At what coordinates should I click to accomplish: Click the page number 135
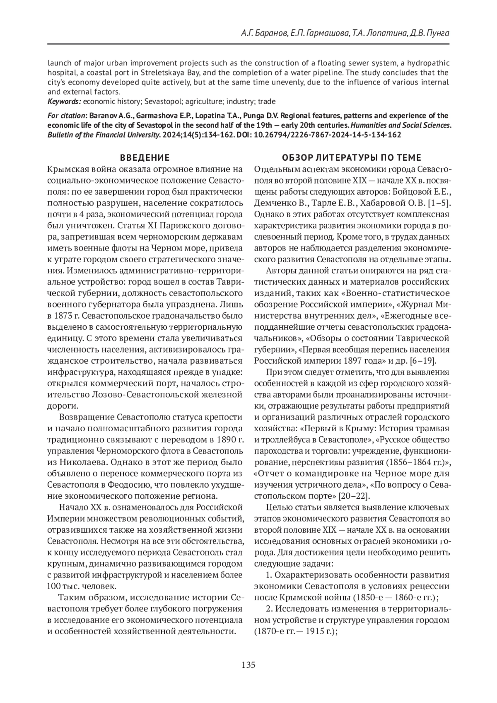(248, 665)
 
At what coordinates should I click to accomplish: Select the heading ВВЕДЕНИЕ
(145, 158)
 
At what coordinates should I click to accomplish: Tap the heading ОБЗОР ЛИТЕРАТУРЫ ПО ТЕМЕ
(351, 158)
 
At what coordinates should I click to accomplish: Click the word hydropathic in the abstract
(429, 63)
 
